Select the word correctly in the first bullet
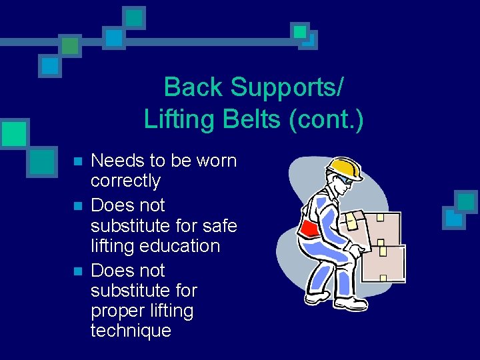125,181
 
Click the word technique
131,331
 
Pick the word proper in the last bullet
116,311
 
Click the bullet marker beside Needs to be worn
77,161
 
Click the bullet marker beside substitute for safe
77,206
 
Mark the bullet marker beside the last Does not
77,271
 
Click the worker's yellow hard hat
346,169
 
